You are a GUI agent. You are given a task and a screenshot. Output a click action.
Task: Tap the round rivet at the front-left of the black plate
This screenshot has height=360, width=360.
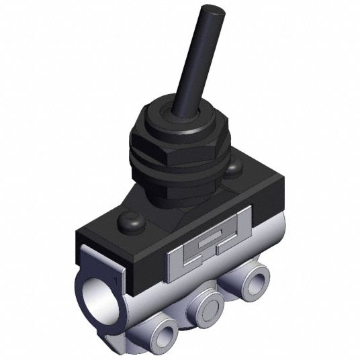[x=130, y=222]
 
